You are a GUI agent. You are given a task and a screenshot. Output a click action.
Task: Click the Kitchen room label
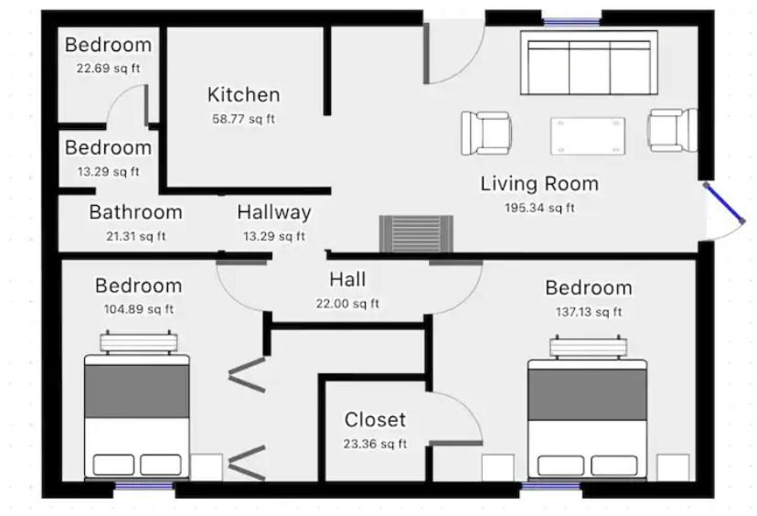[x=244, y=95]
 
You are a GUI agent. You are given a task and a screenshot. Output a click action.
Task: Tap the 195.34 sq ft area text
[x=539, y=208]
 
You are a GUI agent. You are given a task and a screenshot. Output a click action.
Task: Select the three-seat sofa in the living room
[x=589, y=63]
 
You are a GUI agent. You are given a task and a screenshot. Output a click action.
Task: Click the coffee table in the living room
[x=588, y=135]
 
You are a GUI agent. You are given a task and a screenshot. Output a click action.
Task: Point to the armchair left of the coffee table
[x=486, y=133]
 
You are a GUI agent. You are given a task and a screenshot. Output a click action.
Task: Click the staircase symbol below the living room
[x=416, y=234]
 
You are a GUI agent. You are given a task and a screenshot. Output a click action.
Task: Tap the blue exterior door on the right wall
[x=724, y=203]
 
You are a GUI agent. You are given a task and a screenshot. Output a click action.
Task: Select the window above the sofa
[x=571, y=22]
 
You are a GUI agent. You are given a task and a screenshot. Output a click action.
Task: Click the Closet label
[x=375, y=419]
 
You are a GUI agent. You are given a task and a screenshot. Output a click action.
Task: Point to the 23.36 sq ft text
[x=375, y=444]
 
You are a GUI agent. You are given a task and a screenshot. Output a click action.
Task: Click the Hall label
[x=347, y=279]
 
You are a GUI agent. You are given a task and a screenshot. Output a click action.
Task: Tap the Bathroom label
[x=135, y=212]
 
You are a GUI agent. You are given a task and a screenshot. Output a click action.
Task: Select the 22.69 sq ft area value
[x=108, y=68]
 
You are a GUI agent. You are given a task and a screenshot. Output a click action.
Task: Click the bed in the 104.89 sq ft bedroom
[x=137, y=405]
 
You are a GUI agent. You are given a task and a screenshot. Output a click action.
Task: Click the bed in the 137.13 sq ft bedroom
[x=587, y=407]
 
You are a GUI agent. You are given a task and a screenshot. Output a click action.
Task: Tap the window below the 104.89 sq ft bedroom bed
[x=144, y=486]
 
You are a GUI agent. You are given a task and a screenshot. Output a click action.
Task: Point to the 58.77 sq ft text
[x=244, y=119]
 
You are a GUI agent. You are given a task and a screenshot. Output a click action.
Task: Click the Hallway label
[x=274, y=212]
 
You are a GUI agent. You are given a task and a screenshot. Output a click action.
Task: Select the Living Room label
[x=539, y=184]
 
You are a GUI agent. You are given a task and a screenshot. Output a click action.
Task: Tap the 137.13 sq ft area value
[x=589, y=312]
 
